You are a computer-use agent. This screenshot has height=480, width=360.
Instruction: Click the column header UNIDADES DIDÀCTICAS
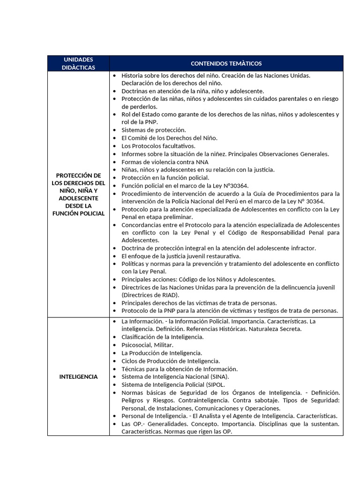78,63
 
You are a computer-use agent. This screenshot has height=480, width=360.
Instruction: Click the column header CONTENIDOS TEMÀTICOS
226,63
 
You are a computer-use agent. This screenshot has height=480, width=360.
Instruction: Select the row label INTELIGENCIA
78,377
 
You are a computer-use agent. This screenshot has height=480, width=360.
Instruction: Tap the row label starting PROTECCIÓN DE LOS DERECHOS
78,194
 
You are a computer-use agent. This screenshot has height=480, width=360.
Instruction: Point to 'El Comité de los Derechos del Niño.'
169,138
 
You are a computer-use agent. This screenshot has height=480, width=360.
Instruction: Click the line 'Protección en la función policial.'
165,178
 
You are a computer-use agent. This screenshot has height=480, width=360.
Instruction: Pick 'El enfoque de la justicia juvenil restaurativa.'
181,256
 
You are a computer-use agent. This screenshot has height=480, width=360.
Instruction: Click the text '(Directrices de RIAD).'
150,295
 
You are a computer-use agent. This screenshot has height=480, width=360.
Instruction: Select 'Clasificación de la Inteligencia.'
162,337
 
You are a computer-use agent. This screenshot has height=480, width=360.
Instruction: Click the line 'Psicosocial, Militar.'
147,345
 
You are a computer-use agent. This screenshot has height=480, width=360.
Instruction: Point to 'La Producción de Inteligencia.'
162,353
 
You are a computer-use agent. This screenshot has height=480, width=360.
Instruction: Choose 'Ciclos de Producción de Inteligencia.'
171,361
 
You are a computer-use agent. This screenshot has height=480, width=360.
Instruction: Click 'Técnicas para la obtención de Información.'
180,369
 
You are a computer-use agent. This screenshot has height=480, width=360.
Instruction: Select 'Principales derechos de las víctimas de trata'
199,303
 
